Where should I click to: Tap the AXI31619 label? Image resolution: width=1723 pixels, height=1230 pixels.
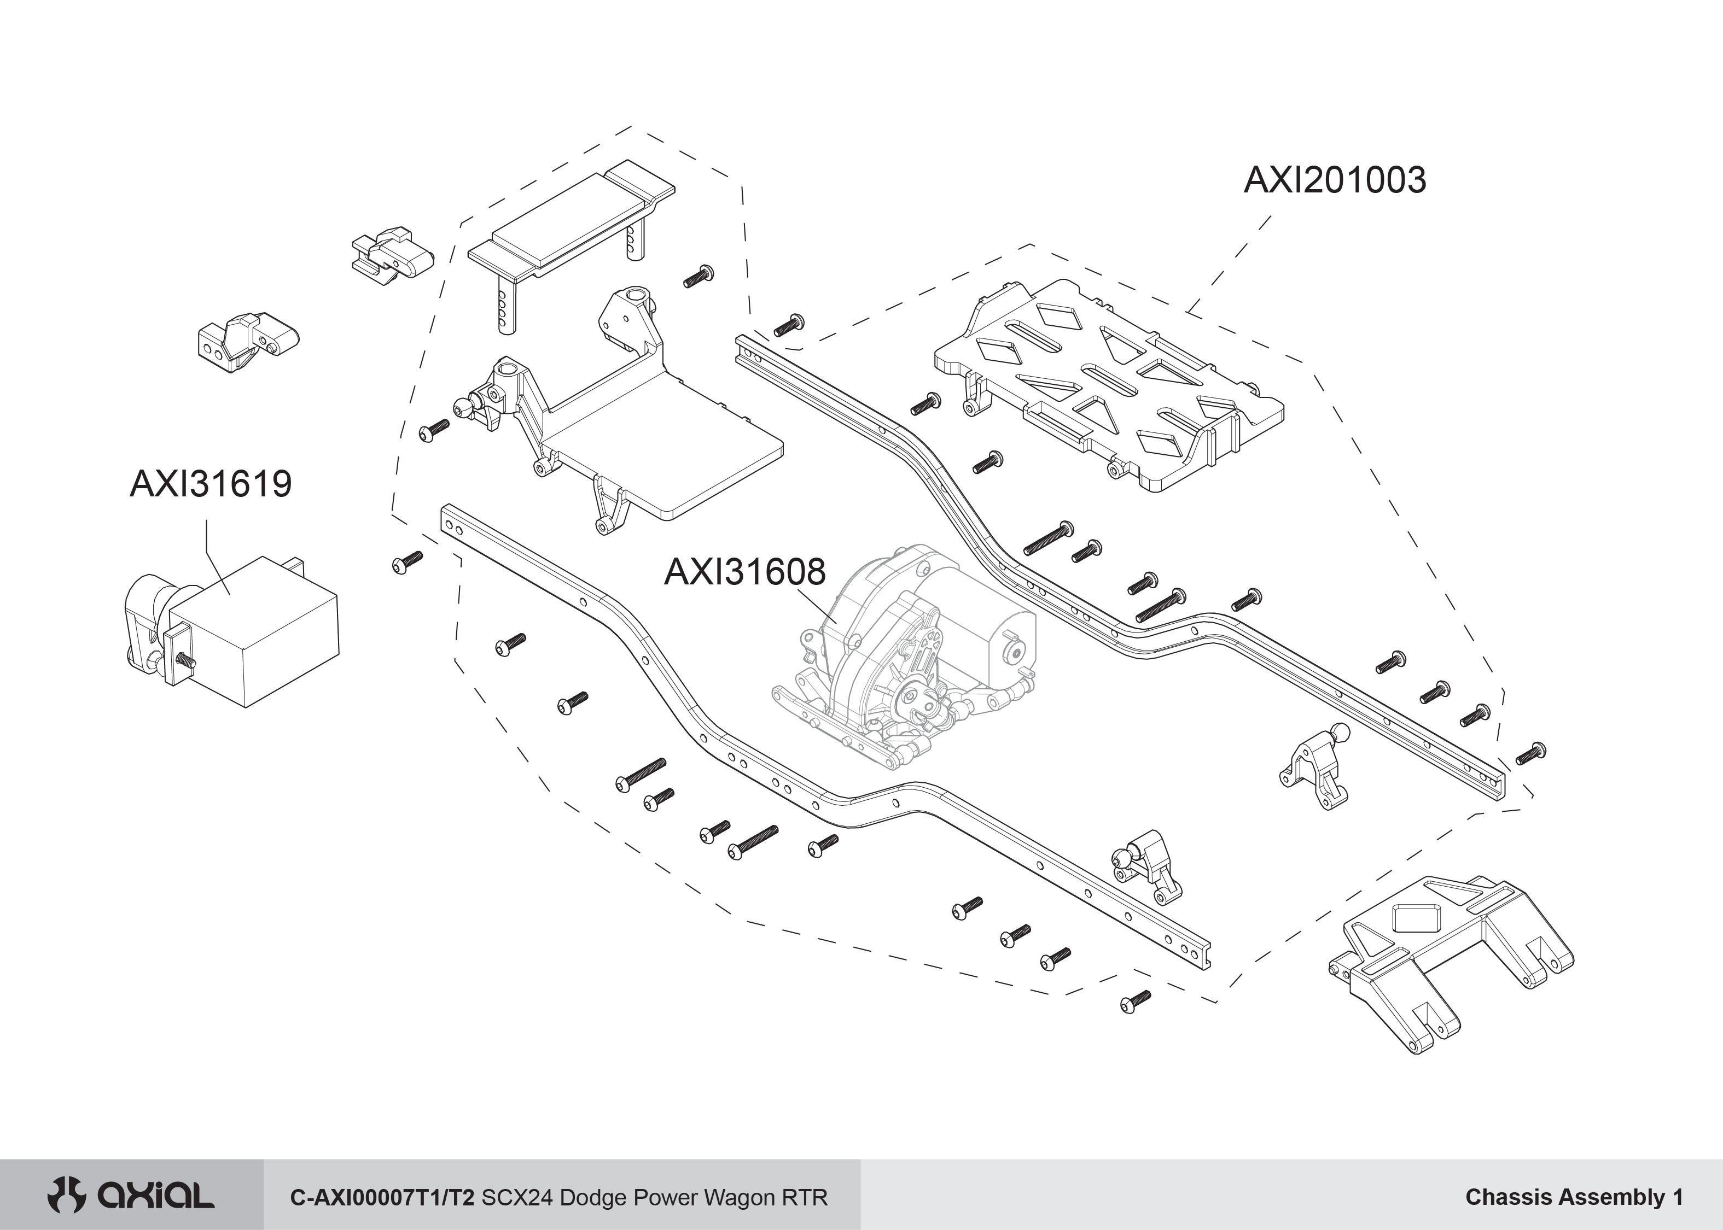click(211, 484)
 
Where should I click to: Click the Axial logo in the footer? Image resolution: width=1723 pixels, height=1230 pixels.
click(130, 1197)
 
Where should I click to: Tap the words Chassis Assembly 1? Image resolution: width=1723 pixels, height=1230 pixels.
click(1574, 1197)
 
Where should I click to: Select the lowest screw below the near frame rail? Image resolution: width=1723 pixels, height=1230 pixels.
click(1135, 1001)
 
